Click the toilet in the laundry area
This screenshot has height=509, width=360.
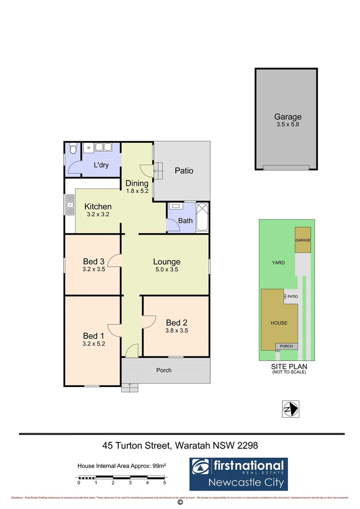pos(72,149)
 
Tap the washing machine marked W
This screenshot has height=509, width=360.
pos(88,148)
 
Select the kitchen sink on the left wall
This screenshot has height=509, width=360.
pos(70,205)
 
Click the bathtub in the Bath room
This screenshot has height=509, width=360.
pos(202,217)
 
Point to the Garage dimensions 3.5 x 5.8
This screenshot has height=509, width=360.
pos(287,125)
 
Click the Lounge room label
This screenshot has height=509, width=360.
pos(166,262)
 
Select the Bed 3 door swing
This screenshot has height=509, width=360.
pos(115,261)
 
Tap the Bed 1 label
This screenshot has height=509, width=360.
pos(93,336)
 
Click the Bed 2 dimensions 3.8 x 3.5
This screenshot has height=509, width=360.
pos(177,331)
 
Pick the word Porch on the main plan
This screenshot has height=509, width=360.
pos(164,370)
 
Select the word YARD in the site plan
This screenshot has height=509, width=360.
pos(278,263)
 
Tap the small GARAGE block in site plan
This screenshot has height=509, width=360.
pos(303,240)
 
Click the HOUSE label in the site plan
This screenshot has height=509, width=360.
pos(278,323)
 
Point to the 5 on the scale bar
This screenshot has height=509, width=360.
pos(164,483)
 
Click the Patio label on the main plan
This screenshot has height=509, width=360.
pos(184,171)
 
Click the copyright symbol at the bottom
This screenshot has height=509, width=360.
pos(180,503)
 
